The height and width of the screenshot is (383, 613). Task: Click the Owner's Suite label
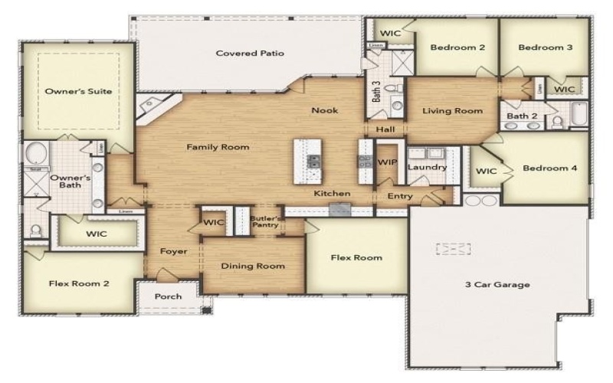coord(78,91)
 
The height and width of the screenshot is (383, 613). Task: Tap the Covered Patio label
coord(250,54)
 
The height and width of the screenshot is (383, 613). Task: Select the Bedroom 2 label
coord(457,47)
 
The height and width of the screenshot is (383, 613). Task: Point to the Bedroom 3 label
coord(545,47)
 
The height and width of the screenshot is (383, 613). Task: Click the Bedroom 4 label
coord(549,168)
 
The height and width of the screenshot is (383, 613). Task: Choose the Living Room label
coord(453,111)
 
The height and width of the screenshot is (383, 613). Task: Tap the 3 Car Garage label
coord(497,285)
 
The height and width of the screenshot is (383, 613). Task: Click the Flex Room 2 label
coord(79,283)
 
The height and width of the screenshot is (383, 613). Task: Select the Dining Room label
coord(253,266)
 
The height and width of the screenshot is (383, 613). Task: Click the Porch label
coord(169,296)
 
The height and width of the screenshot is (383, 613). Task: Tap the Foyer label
coord(173,251)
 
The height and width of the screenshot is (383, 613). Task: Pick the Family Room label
coord(218,147)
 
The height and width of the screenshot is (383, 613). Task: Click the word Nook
coord(324,110)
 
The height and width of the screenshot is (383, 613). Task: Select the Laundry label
coord(421,167)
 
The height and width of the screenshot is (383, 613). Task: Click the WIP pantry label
coord(387,162)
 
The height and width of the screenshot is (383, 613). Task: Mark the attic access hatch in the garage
coord(453,249)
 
